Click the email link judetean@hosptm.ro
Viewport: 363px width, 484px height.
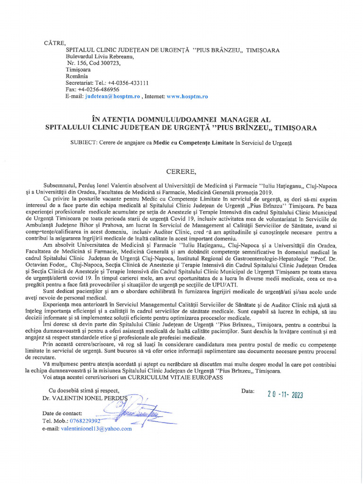pyautogui.click(x=112, y=96)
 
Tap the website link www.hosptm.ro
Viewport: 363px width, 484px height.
pyautogui.click(x=187, y=96)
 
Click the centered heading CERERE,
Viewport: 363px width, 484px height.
pyautogui.click(x=181, y=170)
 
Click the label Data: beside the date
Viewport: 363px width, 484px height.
pyautogui.click(x=248, y=391)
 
